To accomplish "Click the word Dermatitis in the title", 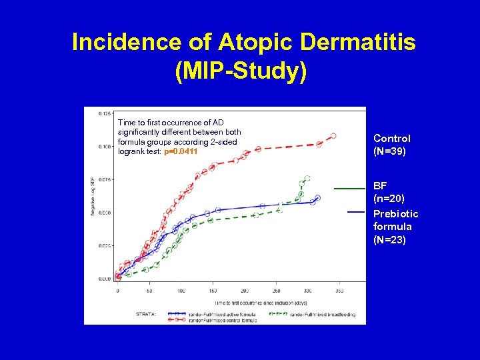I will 358,43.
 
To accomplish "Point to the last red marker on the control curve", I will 333,136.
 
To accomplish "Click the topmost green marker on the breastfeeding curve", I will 307,179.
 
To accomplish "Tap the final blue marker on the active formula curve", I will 317,198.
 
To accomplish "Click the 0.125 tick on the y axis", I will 105,114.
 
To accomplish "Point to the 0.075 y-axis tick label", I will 105,179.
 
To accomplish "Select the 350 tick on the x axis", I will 339,291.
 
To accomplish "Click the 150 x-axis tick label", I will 213,291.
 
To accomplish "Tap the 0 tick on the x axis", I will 118,291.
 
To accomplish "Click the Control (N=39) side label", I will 392,145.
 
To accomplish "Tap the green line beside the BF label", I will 349,189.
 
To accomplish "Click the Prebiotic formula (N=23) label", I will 396,227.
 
